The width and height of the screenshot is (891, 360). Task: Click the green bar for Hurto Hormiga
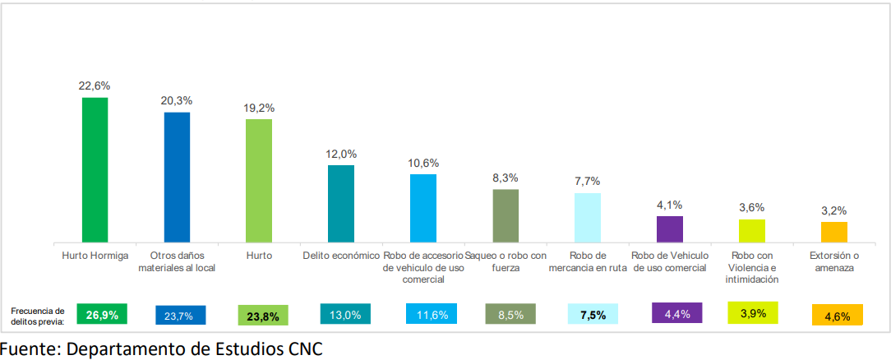tap(95, 170)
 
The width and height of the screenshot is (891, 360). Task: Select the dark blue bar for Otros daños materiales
tap(178, 178)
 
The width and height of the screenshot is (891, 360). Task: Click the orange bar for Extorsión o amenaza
tap(834, 233)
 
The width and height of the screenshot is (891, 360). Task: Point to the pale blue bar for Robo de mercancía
tap(588, 218)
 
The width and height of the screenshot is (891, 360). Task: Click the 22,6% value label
tap(95, 86)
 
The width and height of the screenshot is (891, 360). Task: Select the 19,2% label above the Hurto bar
tap(259, 108)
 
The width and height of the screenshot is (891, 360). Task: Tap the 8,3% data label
tap(506, 178)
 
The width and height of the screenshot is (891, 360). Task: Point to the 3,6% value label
tap(752, 208)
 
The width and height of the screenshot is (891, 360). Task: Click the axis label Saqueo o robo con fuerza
tap(506, 261)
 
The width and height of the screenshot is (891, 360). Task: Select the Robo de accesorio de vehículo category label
tap(424, 267)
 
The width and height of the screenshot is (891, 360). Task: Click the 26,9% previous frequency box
tap(102, 314)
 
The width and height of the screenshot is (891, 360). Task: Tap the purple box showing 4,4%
tap(676, 313)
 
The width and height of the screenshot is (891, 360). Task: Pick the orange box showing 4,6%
tap(838, 315)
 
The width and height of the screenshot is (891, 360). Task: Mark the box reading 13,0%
tap(345, 314)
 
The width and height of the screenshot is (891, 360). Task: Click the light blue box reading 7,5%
tap(593, 314)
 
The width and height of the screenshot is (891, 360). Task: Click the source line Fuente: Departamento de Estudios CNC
tap(161, 348)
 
